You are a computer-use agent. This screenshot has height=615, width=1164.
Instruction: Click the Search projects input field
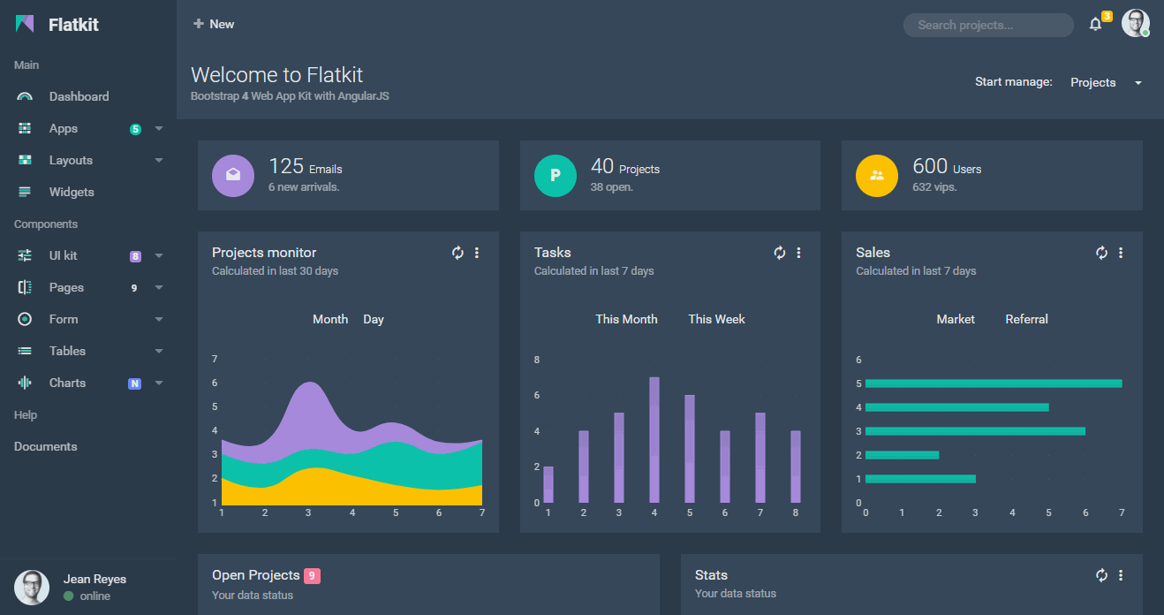(x=987, y=25)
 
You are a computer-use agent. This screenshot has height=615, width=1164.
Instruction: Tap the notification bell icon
(x=1095, y=25)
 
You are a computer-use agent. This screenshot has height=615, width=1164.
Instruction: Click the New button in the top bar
(x=214, y=24)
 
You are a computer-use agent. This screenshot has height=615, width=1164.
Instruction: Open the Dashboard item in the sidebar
(x=79, y=96)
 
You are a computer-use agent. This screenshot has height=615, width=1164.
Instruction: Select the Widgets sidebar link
(x=71, y=192)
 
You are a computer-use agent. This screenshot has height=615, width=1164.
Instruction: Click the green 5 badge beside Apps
(x=135, y=129)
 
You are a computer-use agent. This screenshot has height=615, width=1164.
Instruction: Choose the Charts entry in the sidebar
(x=67, y=383)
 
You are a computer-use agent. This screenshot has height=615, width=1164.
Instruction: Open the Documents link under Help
(x=46, y=446)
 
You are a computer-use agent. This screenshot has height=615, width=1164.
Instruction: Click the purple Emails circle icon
(x=233, y=175)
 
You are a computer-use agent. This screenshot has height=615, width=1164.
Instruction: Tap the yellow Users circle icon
(x=877, y=175)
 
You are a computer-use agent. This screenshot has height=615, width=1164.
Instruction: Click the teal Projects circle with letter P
(x=556, y=175)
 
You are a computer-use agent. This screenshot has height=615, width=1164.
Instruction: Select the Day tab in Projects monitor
(x=374, y=319)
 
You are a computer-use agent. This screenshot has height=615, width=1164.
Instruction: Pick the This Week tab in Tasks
(x=716, y=319)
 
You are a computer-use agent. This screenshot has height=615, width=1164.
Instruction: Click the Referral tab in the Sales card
(x=1026, y=319)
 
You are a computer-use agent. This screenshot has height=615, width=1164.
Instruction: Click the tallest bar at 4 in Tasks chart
(x=654, y=439)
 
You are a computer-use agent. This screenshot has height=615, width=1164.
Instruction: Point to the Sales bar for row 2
(x=902, y=455)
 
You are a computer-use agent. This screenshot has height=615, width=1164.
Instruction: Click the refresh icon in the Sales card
(x=1101, y=253)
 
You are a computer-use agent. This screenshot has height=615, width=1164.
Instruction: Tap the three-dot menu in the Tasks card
(x=799, y=253)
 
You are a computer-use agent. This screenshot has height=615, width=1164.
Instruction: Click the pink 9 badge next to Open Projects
(x=312, y=576)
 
